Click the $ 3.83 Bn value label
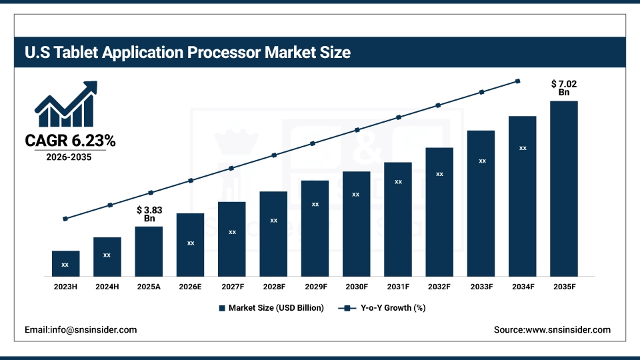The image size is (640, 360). click(x=149, y=213)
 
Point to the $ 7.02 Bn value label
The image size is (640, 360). click(x=563, y=88)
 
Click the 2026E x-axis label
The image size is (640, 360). click(x=190, y=287)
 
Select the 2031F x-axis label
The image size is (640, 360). click(x=398, y=287)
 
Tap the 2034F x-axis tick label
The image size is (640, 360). click(x=522, y=287)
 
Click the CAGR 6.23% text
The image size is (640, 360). click(x=70, y=141)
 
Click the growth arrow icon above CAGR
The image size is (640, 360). click(x=66, y=105)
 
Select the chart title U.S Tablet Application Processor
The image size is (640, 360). click(x=187, y=52)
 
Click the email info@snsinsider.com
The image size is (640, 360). click(x=81, y=329)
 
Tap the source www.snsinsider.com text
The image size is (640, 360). click(x=552, y=329)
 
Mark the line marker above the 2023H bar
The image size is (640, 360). click(x=65, y=219)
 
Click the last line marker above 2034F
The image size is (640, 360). click(x=518, y=81)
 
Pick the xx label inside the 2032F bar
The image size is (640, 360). click(x=439, y=174)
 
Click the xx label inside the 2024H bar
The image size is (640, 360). click(x=107, y=255)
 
